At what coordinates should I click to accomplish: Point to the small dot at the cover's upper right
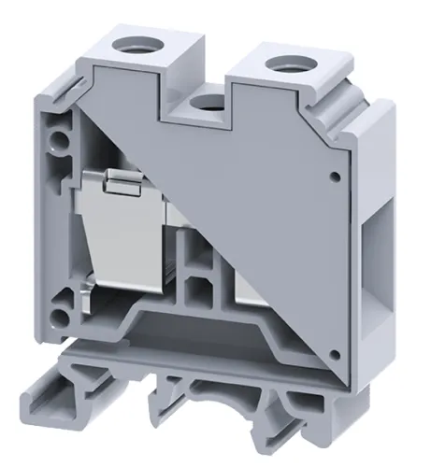334,175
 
